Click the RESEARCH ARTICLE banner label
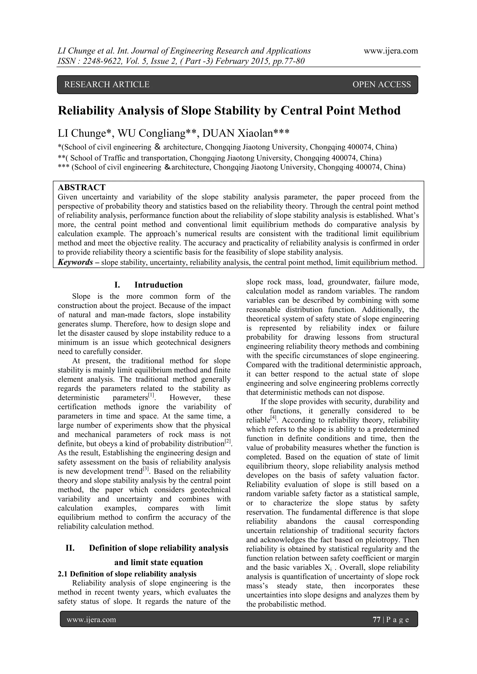(107, 84)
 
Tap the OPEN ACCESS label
(381, 84)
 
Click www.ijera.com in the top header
(391, 51)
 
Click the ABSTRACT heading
(82, 187)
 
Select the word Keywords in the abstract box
(75, 262)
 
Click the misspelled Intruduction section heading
(158, 285)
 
